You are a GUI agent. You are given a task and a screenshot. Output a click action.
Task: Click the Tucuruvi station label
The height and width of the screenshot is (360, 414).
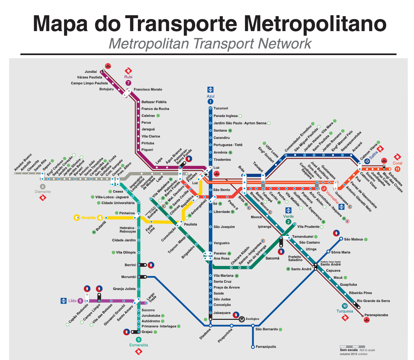(x=220, y=108)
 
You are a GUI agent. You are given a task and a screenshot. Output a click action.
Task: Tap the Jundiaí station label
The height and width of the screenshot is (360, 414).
(x=91, y=72)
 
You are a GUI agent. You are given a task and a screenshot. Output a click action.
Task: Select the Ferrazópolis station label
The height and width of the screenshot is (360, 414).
(x=266, y=347)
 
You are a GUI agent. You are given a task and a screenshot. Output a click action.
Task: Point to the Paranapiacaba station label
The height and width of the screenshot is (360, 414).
(x=376, y=315)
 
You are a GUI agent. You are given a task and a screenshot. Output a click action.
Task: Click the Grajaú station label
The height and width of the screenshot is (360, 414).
(x=147, y=332)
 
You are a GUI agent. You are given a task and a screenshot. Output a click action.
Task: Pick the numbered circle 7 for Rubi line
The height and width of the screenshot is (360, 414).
(x=129, y=83)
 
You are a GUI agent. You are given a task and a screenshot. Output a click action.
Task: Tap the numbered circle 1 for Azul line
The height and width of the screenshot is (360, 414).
(x=210, y=102)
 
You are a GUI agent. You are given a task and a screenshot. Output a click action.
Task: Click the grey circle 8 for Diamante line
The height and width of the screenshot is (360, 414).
(x=42, y=186)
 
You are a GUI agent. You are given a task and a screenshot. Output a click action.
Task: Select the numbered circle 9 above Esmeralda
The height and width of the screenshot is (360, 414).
(x=139, y=340)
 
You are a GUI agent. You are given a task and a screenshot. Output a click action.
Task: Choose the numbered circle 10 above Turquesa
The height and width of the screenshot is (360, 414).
(x=345, y=306)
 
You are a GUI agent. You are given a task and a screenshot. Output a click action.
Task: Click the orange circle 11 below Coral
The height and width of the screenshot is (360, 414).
(x=397, y=169)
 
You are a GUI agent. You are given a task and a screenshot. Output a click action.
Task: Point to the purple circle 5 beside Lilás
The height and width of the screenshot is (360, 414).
(x=80, y=301)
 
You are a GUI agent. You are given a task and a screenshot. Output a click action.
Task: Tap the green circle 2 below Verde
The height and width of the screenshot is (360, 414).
(x=288, y=222)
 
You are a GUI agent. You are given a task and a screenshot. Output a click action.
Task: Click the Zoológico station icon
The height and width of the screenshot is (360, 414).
(x=241, y=319)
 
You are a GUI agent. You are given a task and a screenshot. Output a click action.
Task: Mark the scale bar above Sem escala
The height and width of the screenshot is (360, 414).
(x=352, y=347)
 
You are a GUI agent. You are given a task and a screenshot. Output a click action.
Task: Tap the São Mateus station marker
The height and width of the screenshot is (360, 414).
(x=341, y=239)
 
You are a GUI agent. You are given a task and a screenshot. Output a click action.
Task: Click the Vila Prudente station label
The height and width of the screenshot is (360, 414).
(x=308, y=227)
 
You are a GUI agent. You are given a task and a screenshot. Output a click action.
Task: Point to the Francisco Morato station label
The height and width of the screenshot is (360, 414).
(x=148, y=89)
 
